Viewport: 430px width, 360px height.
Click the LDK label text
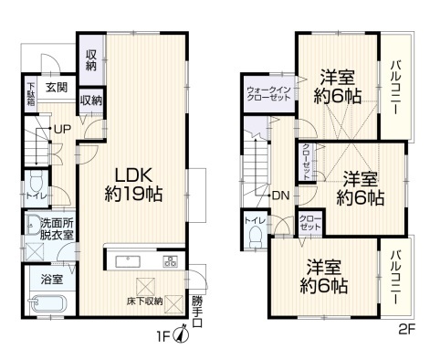[x=133, y=175]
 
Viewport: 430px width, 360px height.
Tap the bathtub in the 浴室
[x=48, y=303]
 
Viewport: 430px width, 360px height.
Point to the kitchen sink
[x=128, y=261]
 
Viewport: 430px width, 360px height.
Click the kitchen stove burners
[x=170, y=261]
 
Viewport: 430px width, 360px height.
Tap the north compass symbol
[x=181, y=334]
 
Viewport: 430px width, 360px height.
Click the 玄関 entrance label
[x=57, y=88]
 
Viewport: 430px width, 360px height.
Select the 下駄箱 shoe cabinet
[x=31, y=93]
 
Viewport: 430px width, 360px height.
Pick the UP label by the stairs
[x=62, y=129]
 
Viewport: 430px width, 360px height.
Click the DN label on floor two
[x=281, y=196]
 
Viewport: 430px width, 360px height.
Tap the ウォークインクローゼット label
[x=269, y=94]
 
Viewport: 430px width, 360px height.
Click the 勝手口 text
[x=197, y=312]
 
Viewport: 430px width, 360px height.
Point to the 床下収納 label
[x=145, y=302]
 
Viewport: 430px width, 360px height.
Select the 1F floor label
[x=163, y=336]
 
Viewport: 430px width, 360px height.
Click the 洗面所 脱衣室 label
[x=58, y=229]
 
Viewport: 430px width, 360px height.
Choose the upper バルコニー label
[x=396, y=88]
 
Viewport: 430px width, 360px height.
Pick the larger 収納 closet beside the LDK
[x=91, y=60]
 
